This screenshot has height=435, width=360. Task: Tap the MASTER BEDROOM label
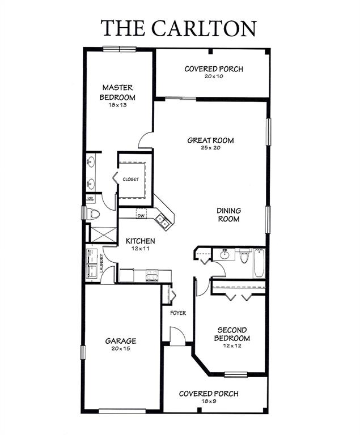pyautogui.click(x=117, y=92)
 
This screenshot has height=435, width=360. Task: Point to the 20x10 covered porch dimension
pyautogui.click(x=214, y=76)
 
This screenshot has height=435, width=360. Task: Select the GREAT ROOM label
pyautogui.click(x=211, y=140)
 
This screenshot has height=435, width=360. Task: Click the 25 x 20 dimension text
pyautogui.click(x=211, y=148)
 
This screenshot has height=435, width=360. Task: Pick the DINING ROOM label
pyautogui.click(x=229, y=215)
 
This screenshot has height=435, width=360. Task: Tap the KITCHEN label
pyautogui.click(x=141, y=241)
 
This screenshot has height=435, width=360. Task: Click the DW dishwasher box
pyautogui.click(x=141, y=215)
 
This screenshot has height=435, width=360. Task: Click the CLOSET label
pyautogui.click(x=130, y=180)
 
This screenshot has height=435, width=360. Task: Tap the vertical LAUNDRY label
pyautogui.click(x=102, y=264)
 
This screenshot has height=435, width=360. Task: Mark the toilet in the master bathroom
pyautogui.click(x=93, y=214)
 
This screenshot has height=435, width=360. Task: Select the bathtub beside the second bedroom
pyautogui.click(x=259, y=262)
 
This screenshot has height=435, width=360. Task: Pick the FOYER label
pyautogui.click(x=178, y=313)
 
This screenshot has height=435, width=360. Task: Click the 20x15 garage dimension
pyautogui.click(x=120, y=348)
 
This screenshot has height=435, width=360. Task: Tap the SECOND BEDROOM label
pyautogui.click(x=231, y=334)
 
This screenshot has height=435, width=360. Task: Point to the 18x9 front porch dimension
pyautogui.click(x=208, y=401)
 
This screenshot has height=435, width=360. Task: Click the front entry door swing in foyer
pyautogui.click(x=178, y=338)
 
